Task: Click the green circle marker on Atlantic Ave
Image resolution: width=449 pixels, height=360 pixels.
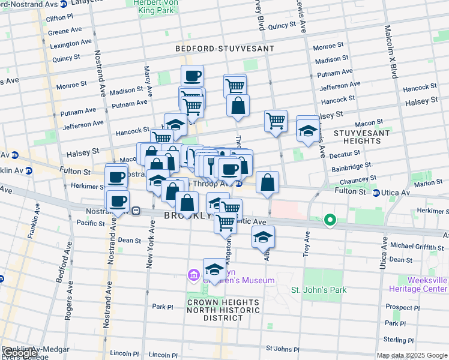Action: pos(330,220)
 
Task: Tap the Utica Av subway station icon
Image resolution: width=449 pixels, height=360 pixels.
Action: pos(376,193)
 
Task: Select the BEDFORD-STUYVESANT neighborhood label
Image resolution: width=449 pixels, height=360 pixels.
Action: pos(224,48)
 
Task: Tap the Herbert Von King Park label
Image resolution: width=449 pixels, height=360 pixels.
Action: pos(154,6)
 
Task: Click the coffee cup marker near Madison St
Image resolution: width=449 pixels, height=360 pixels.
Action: pos(192,76)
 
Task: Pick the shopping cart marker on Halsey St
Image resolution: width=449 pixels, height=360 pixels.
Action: pos(276,121)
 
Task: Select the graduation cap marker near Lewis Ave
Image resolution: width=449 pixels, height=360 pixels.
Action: pos(308,131)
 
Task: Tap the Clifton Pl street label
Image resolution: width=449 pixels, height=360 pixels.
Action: pos(59,19)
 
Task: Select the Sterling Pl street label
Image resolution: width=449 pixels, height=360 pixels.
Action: pos(409,339)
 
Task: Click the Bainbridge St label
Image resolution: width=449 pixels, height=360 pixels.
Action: pos(352,164)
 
